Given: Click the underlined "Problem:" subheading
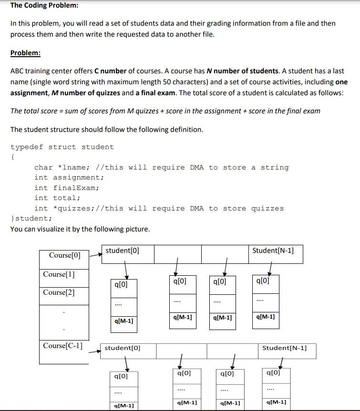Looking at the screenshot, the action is [x=25, y=53].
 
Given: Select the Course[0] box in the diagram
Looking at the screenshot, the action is [x=65, y=255].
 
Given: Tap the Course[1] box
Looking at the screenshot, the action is [x=59, y=275].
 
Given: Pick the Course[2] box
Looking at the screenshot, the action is [x=59, y=292].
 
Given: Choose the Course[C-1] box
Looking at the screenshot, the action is [x=62, y=346].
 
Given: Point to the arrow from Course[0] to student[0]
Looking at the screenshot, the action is [x=96, y=255].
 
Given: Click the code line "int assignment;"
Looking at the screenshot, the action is [x=69, y=177].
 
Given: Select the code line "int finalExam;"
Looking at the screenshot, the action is [x=67, y=188].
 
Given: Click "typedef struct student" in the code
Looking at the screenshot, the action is [x=62, y=147].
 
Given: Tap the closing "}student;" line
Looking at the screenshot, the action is [x=31, y=218].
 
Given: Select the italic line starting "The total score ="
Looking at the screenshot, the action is [x=165, y=111].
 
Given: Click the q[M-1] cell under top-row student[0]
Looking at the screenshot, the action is [x=124, y=321].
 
